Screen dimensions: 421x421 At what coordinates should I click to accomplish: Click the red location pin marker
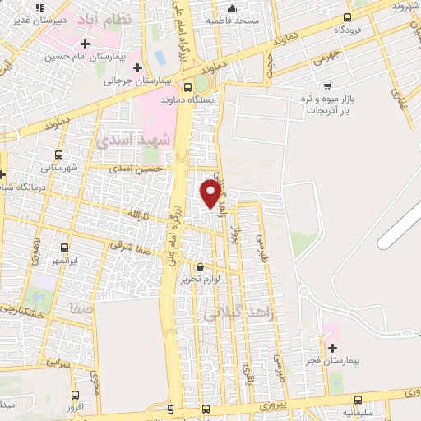tap(210, 193)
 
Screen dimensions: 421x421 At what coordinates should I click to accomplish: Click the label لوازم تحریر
tap(201, 279)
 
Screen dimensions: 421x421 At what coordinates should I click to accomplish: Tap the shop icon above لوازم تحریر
tap(201, 266)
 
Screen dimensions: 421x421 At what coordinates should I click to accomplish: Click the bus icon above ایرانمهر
tap(64, 246)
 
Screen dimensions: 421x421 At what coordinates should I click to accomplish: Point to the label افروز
tap(76, 408)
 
